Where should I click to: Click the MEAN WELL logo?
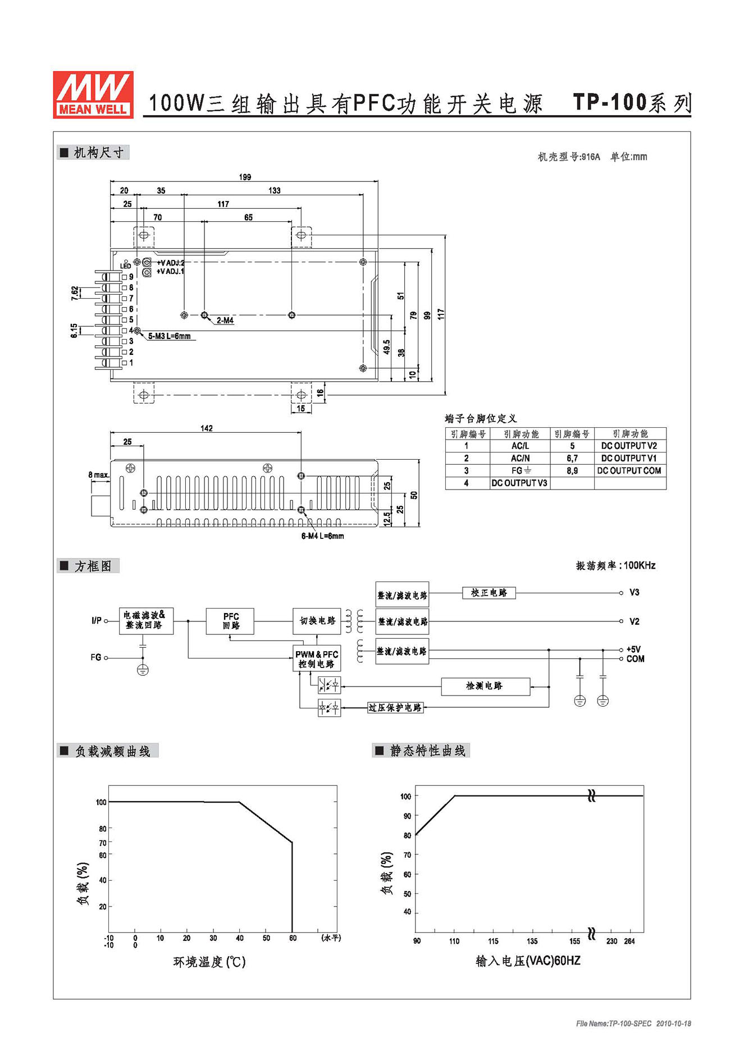[93, 94]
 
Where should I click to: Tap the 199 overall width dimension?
[245, 177]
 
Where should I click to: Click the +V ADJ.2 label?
[171, 263]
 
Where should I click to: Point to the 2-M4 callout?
[225, 321]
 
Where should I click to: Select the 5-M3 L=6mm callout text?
[169, 336]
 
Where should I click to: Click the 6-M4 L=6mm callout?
[322, 536]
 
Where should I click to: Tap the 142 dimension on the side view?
[206, 428]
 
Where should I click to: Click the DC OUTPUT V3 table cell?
[519, 483]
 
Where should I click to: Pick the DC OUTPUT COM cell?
[629, 470]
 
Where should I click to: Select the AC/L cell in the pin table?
[520, 446]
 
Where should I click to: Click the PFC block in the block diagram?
[230, 621]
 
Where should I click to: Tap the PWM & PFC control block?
[317, 658]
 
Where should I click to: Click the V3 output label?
[634, 592]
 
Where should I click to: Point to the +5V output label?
[633, 650]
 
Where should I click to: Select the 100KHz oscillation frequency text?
[639, 565]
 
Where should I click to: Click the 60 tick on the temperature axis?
[293, 938]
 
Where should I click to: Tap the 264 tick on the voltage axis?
[629, 941]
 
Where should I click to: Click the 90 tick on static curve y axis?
[407, 816]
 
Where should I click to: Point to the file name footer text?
[633, 1023]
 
